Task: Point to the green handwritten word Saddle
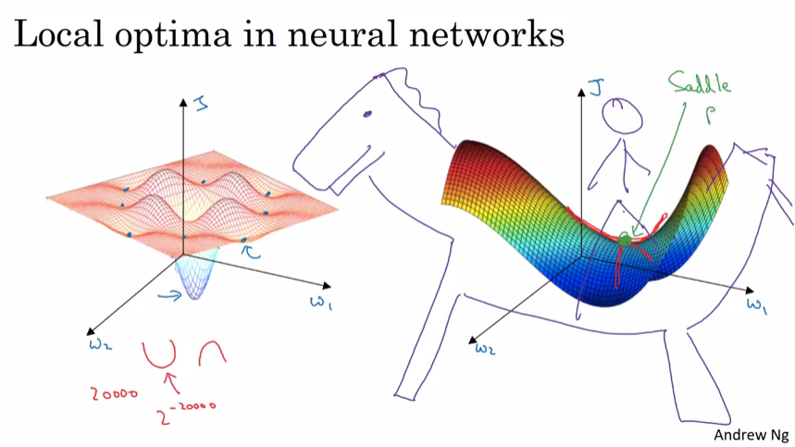tap(699, 86)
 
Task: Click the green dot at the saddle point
tap(625, 241)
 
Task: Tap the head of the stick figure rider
tap(618, 117)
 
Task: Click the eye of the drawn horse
tap(368, 114)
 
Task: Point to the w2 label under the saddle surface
tap(485, 348)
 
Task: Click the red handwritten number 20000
tap(114, 392)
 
